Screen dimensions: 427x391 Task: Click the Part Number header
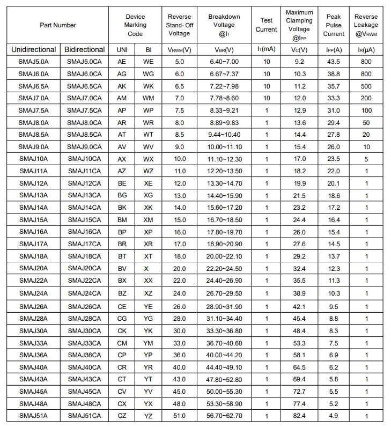[x=58, y=25]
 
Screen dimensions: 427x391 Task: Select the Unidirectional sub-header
[x=33, y=49]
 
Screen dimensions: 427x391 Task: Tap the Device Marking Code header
[x=135, y=25]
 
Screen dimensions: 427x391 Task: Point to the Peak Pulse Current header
[x=334, y=25]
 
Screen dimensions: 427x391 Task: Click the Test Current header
[x=266, y=25]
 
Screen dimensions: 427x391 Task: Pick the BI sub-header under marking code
[x=149, y=49]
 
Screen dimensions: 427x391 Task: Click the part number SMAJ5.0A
[x=33, y=62]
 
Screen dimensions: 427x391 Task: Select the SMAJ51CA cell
[x=84, y=416]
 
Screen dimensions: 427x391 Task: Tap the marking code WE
[x=149, y=62]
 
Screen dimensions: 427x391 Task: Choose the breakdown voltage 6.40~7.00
[x=224, y=62]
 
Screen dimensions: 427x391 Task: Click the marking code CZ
[x=122, y=416]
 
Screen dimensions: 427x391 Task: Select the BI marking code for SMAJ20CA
[x=149, y=268]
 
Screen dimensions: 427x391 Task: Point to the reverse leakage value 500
[x=366, y=86]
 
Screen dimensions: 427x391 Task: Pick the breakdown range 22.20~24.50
[x=224, y=268]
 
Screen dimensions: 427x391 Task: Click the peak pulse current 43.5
[x=334, y=62]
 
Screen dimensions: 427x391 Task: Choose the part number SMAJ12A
[x=33, y=183]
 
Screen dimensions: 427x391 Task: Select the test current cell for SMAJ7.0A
[x=266, y=98]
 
